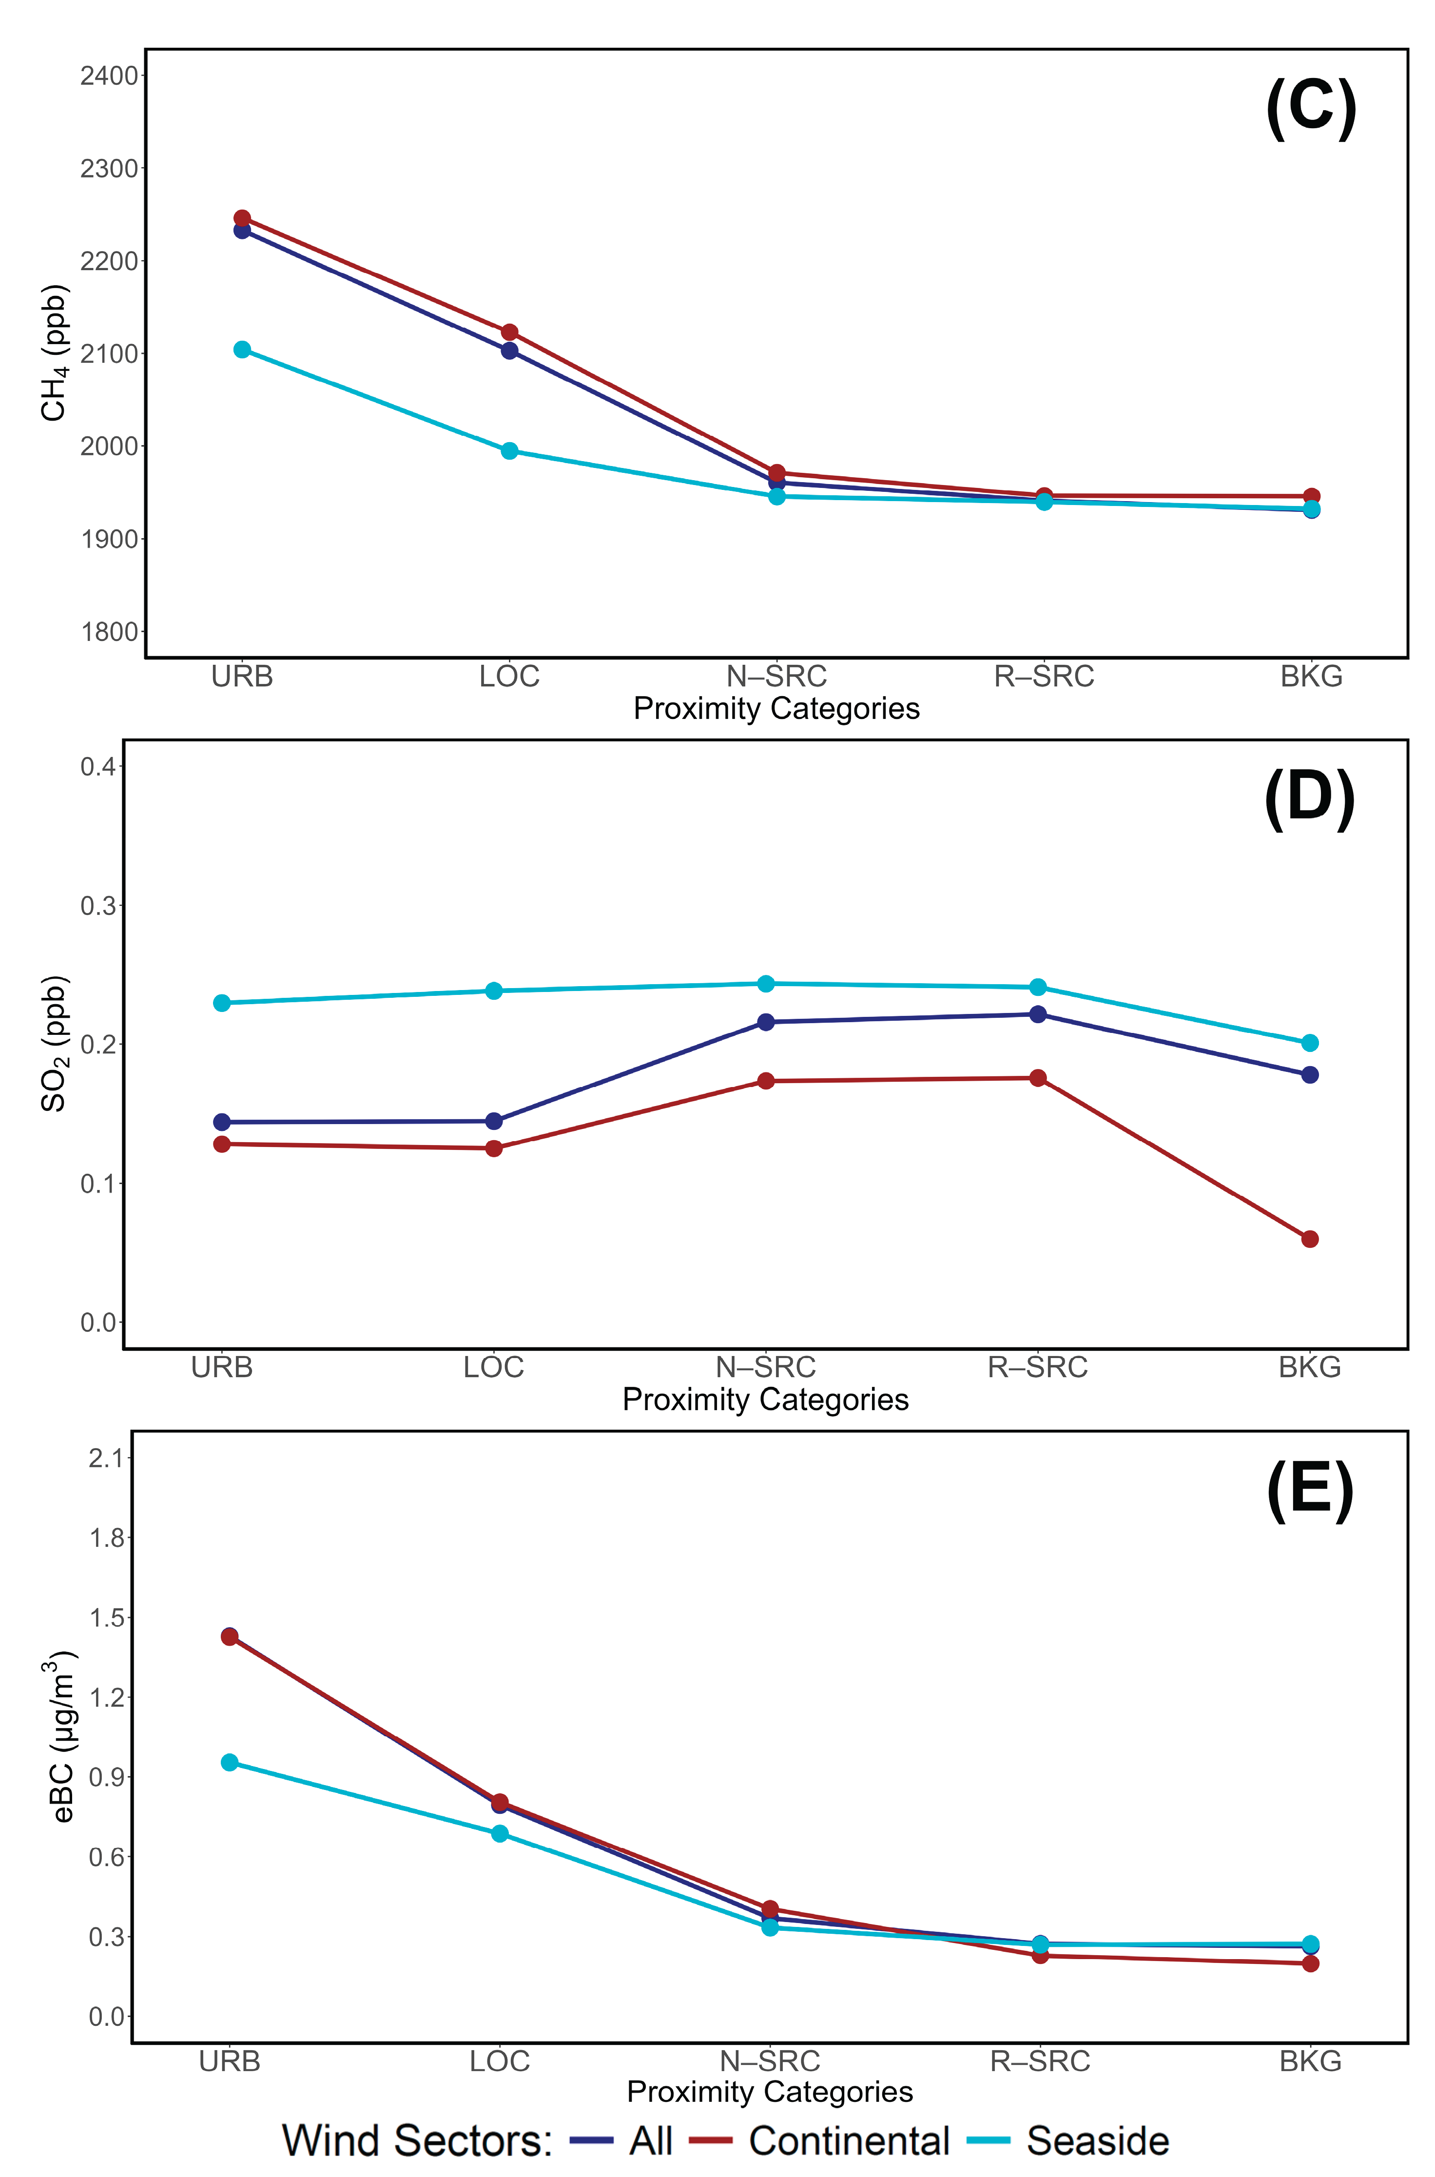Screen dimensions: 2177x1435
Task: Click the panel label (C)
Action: pos(1311,109)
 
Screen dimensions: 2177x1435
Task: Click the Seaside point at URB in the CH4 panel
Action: pos(242,350)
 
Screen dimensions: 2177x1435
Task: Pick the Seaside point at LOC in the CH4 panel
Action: pos(510,451)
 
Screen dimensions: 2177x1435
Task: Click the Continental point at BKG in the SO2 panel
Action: pos(1310,1239)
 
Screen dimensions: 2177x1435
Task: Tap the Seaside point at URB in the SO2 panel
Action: pos(221,1003)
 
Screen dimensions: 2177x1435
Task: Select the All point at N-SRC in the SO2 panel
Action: pos(766,1022)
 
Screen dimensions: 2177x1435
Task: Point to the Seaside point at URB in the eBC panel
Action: pos(230,1763)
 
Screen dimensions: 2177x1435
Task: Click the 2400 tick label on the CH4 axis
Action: pos(108,76)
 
